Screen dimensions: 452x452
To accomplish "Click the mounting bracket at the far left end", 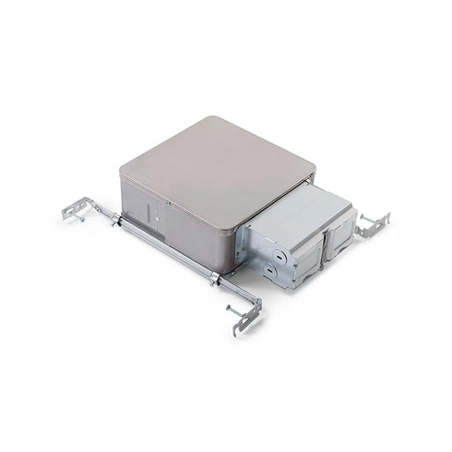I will (x=76, y=213).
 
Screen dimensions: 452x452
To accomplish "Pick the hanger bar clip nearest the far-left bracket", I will (x=115, y=220).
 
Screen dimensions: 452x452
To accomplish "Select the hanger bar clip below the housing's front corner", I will (x=215, y=280).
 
